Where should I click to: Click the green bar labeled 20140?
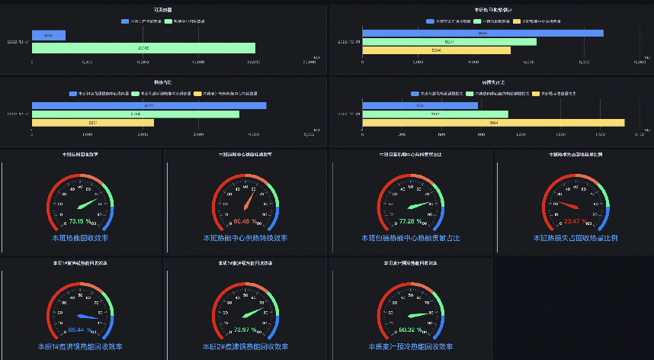coord(143,48)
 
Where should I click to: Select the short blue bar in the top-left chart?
coord(48,36)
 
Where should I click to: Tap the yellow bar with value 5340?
coord(436,50)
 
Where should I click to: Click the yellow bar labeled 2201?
coord(92,123)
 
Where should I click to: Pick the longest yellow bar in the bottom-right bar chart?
coord(493,123)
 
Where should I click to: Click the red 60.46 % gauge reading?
coord(245,222)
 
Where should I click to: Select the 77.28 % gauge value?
coord(410,222)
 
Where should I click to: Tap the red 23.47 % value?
coord(575,222)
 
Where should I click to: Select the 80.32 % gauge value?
coord(410,329)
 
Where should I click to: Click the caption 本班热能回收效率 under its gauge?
coord(80,238)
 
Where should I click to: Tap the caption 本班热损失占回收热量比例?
coord(575,238)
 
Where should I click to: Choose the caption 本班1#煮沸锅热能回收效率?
coord(80,346)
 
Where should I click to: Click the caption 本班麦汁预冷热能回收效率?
coord(410,346)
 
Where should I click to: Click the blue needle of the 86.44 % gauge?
coord(87,316)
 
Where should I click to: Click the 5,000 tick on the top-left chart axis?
coord(87,62)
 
